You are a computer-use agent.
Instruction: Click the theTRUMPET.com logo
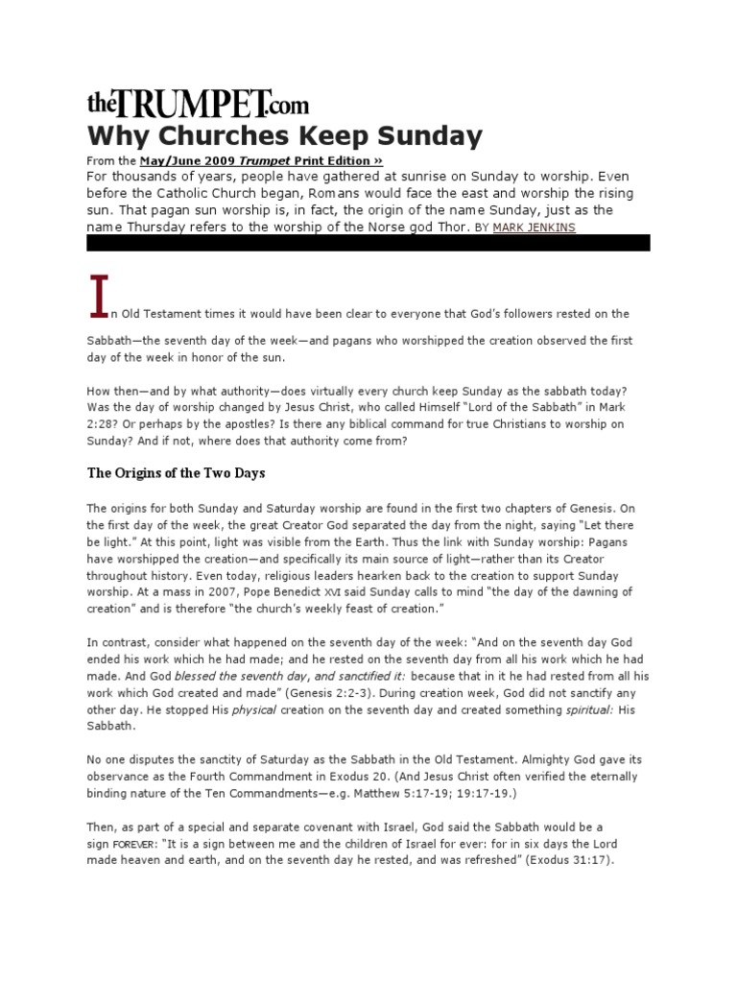click(198, 103)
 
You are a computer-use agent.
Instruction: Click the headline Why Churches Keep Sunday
click(284, 135)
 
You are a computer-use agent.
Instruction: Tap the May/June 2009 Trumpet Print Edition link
click(261, 161)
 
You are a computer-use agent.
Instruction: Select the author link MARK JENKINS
click(534, 228)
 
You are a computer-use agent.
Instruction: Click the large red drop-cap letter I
click(97, 297)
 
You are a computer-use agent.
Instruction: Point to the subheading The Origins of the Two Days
click(177, 473)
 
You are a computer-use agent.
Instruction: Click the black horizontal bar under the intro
click(368, 243)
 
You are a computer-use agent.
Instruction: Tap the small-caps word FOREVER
click(131, 844)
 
